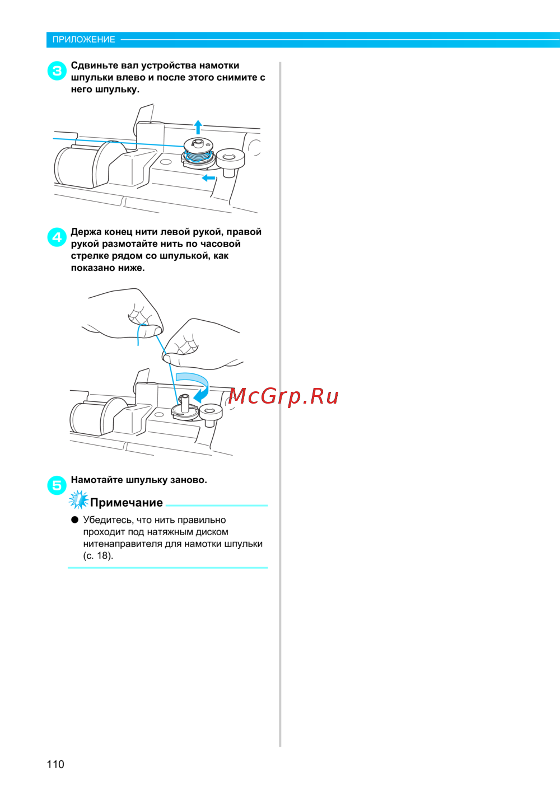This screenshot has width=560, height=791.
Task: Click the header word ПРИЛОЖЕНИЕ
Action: [x=84, y=40]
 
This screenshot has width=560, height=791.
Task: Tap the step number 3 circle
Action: [x=57, y=71]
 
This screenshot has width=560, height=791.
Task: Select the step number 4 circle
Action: [x=57, y=237]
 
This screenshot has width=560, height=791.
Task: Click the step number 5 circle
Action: [x=57, y=485]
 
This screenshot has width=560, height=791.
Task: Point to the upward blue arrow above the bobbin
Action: [x=198, y=127]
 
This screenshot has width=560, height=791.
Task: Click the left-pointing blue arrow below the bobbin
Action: [x=208, y=177]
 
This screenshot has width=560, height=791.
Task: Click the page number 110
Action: [x=55, y=764]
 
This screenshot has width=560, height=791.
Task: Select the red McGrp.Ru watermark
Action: [x=283, y=396]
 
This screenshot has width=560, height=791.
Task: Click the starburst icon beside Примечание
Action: [x=78, y=499]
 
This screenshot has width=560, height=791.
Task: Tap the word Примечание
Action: [x=127, y=502]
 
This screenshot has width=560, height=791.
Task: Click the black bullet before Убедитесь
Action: [x=74, y=519]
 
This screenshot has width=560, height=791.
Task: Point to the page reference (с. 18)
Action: [x=98, y=555]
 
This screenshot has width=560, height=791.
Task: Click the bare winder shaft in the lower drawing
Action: [x=185, y=403]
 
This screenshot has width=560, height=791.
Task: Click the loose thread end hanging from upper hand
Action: [x=140, y=334]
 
